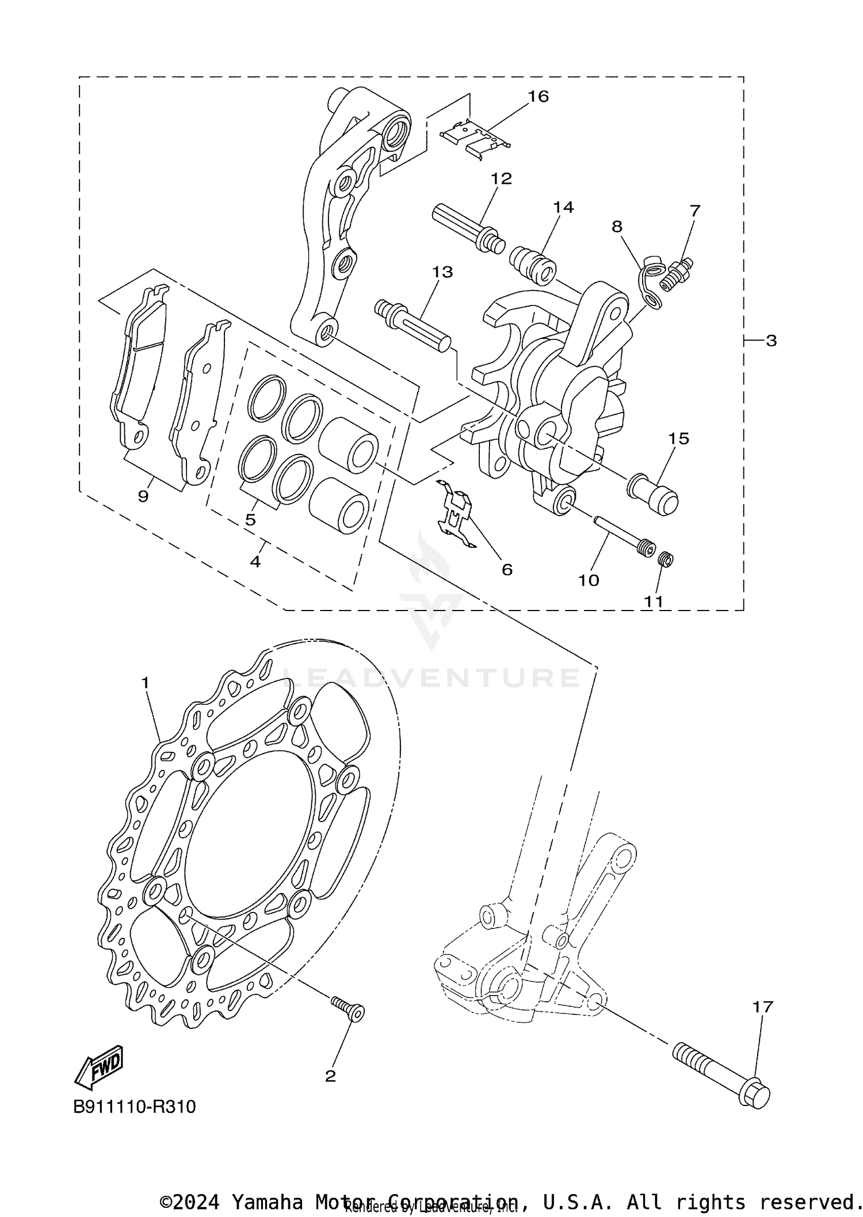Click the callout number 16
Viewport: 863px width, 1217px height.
pyautogui.click(x=539, y=96)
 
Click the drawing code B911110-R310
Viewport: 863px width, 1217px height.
pyautogui.click(x=135, y=1107)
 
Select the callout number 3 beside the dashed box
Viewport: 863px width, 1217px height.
pyautogui.click(x=771, y=341)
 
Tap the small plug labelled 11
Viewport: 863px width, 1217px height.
pyautogui.click(x=666, y=559)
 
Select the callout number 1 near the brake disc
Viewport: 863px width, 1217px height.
pyautogui.click(x=145, y=683)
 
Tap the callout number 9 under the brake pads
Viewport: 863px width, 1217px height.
pyautogui.click(x=143, y=495)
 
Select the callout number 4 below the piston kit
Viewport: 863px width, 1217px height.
pyautogui.click(x=255, y=561)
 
